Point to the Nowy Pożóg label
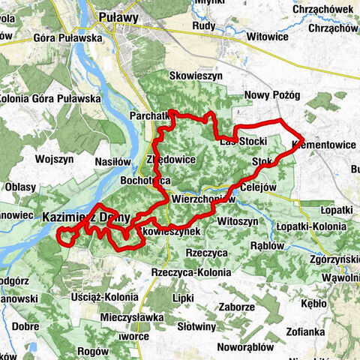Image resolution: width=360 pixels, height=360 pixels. (x=273, y=95)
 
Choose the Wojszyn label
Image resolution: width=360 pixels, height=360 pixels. (x=54, y=159)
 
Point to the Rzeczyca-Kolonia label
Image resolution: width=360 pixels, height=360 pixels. (x=190, y=272)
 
